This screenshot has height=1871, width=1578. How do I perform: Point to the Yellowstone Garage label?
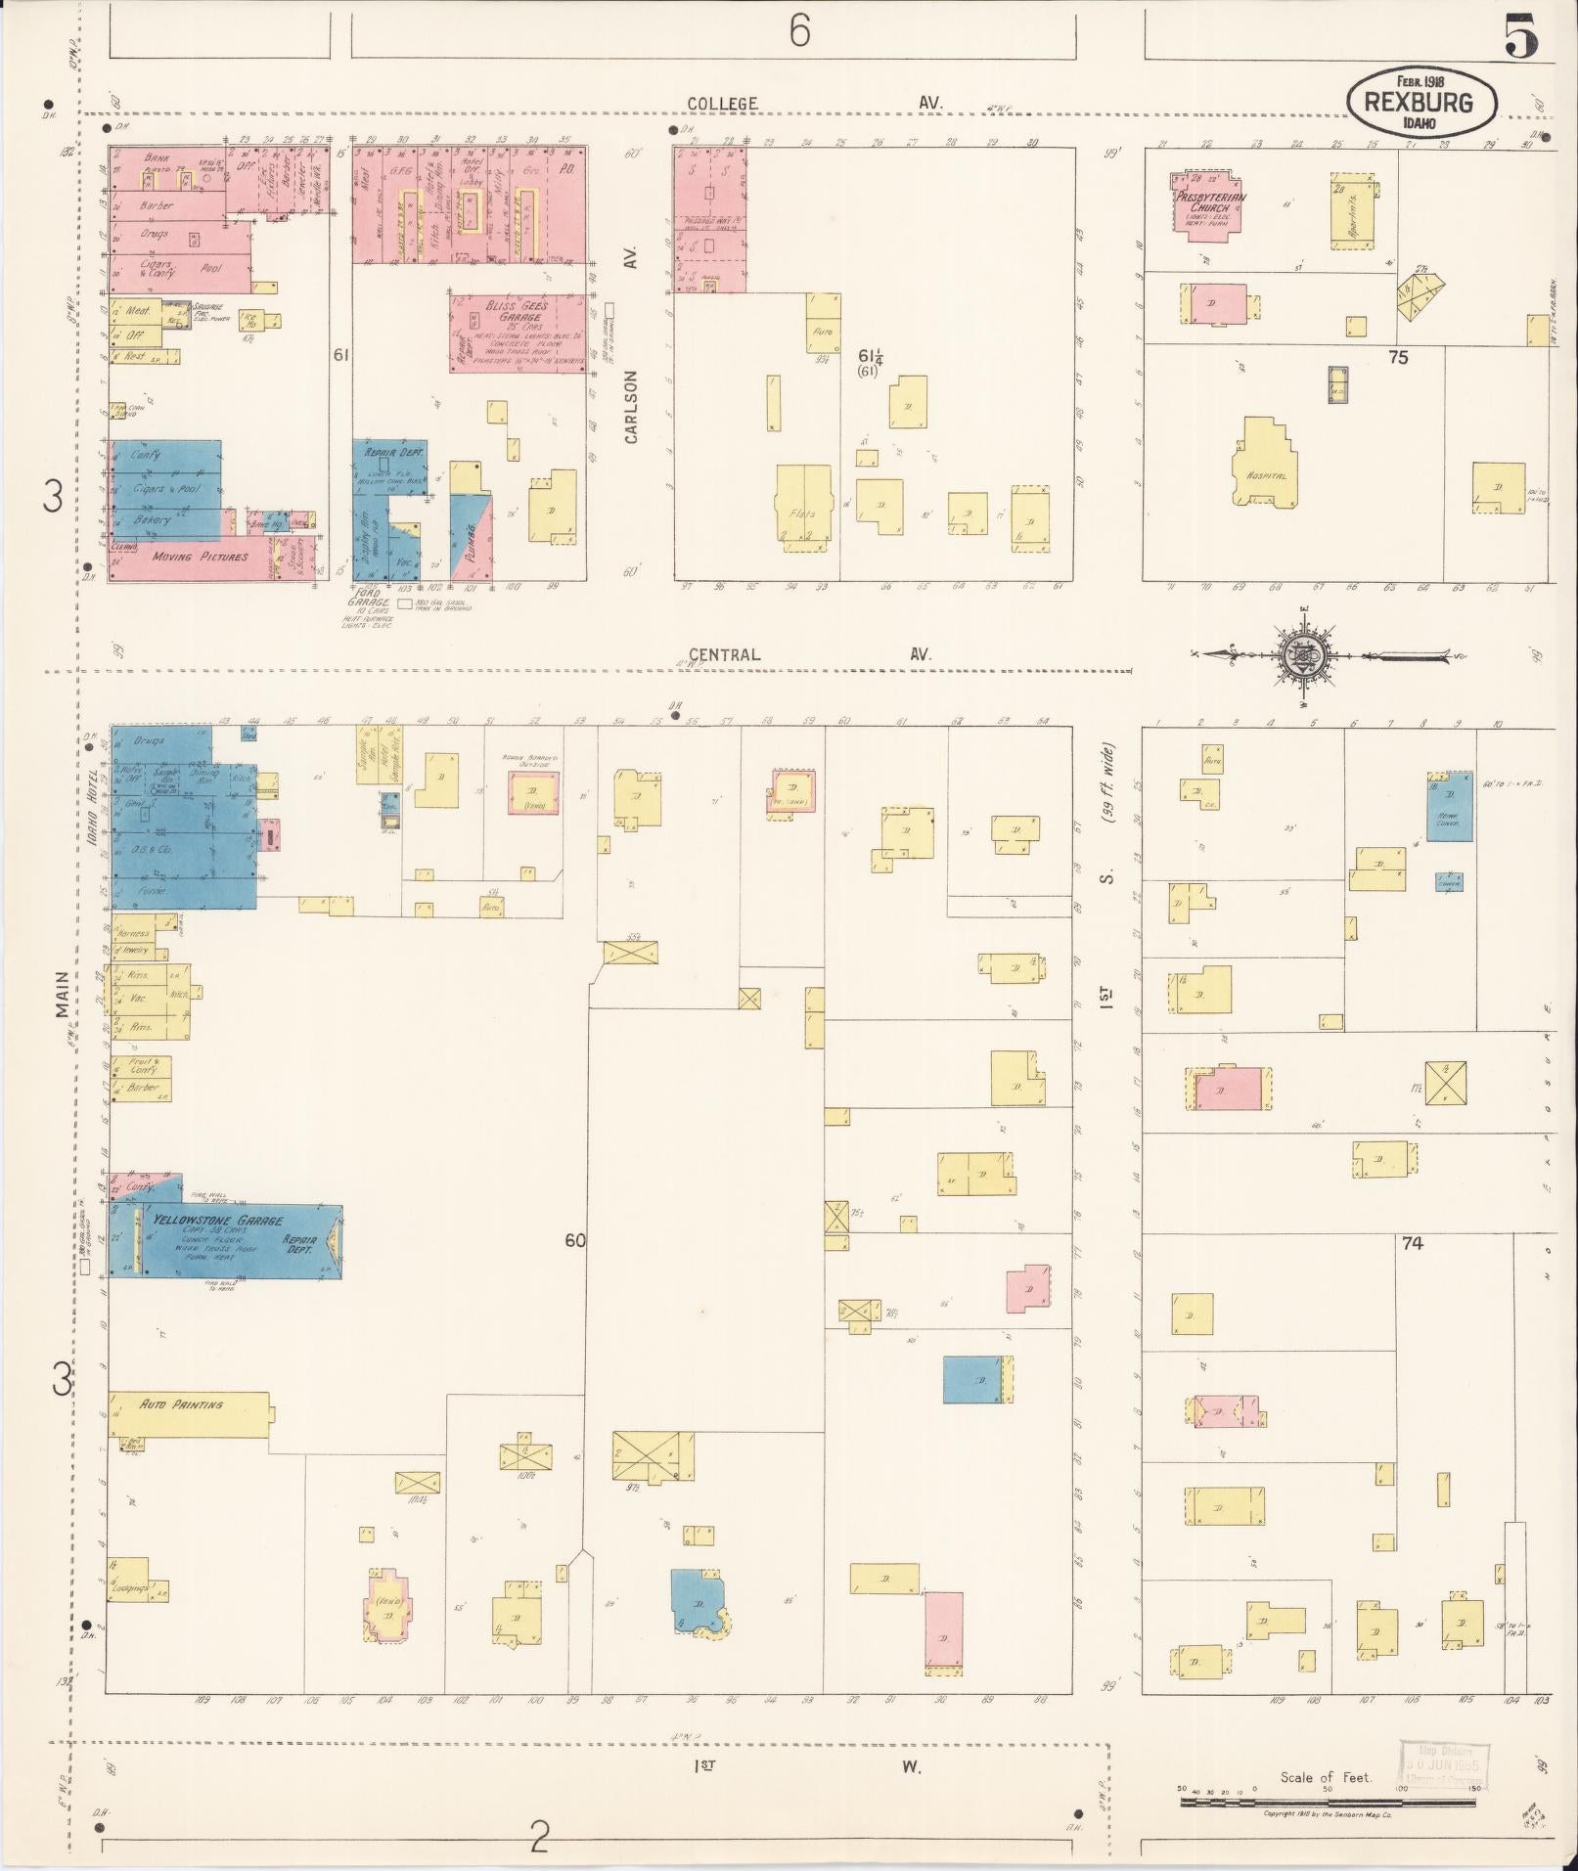(x=216, y=1221)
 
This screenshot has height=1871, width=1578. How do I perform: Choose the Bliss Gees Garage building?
(x=518, y=333)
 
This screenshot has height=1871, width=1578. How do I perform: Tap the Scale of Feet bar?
(x=1330, y=1802)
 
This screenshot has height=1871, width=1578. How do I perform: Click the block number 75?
(x=1398, y=358)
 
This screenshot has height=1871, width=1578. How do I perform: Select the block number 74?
(x=1411, y=1243)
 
